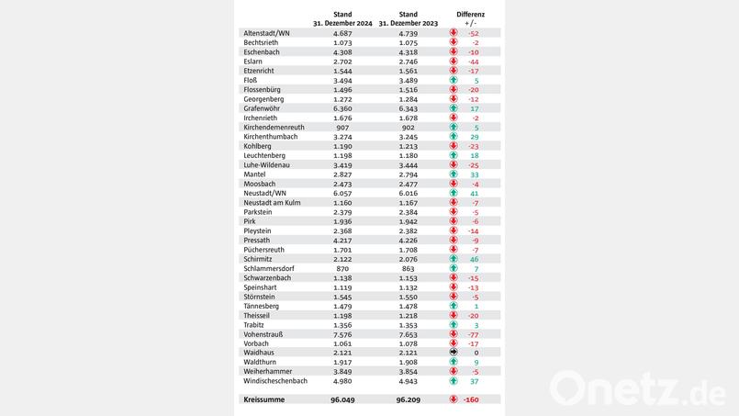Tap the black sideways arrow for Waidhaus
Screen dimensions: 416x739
(x=453, y=352)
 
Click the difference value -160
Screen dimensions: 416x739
(x=472, y=399)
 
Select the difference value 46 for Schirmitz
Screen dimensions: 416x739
(x=475, y=259)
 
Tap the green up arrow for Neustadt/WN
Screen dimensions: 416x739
(x=453, y=194)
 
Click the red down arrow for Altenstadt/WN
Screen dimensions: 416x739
(x=453, y=33)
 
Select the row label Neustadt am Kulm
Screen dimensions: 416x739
(x=273, y=202)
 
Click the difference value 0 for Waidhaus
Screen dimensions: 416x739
(x=476, y=352)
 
